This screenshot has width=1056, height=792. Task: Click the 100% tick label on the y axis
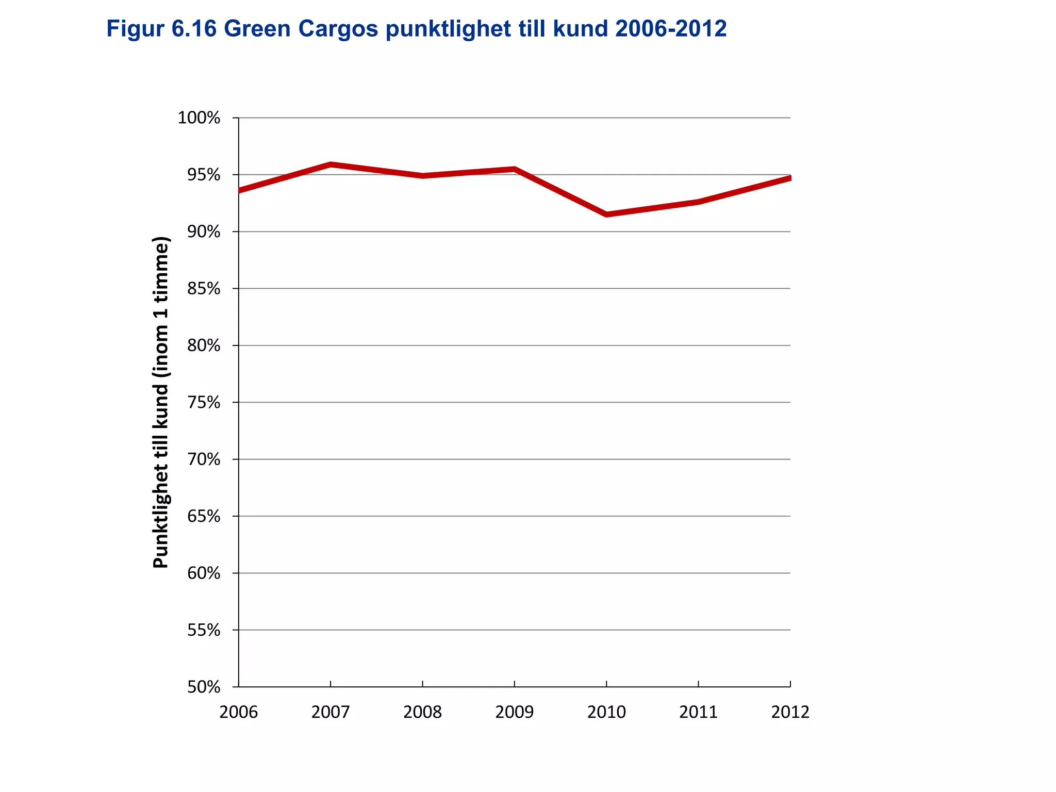(x=199, y=118)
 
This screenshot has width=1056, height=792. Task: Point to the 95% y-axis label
(x=203, y=175)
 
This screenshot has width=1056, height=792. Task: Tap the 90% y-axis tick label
(x=203, y=232)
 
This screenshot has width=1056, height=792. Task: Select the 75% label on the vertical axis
(x=203, y=403)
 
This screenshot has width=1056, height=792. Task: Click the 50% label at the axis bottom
(x=203, y=687)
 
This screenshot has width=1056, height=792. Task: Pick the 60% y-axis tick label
(x=203, y=573)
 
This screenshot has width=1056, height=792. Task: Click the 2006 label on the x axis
(x=238, y=712)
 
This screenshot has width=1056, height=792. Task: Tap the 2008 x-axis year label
(x=422, y=712)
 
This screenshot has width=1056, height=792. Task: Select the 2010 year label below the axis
(x=606, y=712)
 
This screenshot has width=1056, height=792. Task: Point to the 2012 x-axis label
(x=790, y=712)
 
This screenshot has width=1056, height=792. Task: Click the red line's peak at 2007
(x=331, y=164)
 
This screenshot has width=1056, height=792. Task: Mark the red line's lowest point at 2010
(x=606, y=214)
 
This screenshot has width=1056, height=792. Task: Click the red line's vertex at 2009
(x=515, y=169)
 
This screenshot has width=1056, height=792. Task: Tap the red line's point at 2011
(x=698, y=202)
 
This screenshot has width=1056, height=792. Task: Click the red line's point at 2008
(x=422, y=176)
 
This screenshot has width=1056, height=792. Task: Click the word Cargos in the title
(x=338, y=29)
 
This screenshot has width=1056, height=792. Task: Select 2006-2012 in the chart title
(x=671, y=29)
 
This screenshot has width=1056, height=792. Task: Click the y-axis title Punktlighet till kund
(x=161, y=402)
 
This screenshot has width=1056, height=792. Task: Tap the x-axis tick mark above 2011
(x=698, y=684)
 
